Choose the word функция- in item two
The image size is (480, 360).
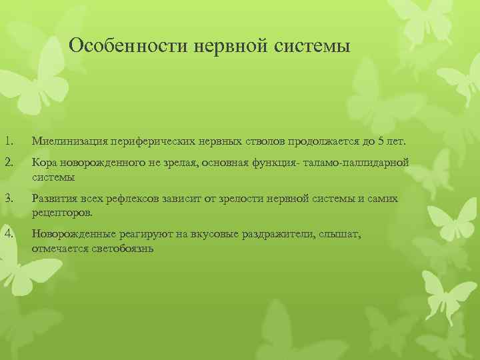(276, 164)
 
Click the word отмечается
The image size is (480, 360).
(60, 249)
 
